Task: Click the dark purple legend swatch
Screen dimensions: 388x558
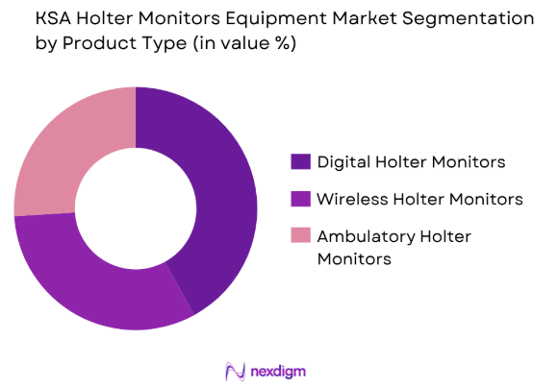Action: (300, 161)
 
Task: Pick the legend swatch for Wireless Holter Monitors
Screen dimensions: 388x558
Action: (300, 200)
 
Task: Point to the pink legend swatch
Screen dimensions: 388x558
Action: (300, 237)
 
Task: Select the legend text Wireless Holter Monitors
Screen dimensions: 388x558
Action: (419, 200)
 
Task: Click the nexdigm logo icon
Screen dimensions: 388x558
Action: (234, 370)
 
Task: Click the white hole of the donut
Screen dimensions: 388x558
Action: (135, 208)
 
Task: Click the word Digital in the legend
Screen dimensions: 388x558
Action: (345, 161)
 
